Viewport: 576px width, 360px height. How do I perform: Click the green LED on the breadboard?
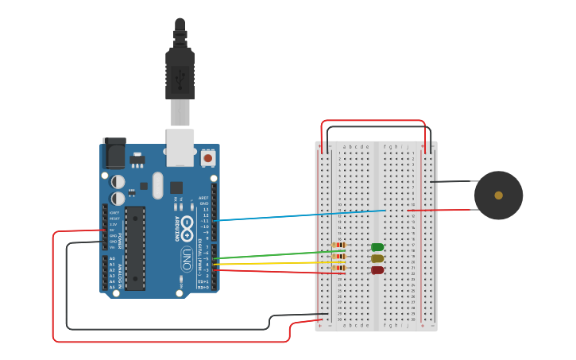pos(377,247)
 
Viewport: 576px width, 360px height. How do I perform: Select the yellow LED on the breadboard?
pos(377,258)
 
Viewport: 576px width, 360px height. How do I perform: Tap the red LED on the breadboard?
pos(377,270)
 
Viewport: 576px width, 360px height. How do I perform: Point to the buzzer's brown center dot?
pos(498,195)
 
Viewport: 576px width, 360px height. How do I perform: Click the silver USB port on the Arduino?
pos(180,147)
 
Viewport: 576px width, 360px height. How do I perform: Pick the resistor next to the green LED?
pos(339,246)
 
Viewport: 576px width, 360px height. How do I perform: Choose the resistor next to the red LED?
pos(339,269)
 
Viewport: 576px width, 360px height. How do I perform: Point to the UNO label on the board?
pos(187,258)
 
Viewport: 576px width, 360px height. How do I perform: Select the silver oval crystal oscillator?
pos(157,186)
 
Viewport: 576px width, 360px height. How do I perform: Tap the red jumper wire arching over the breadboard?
pos(373,121)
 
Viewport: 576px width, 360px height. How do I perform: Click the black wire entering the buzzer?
pos(453,182)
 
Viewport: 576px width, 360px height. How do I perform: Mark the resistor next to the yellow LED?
pos(339,257)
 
